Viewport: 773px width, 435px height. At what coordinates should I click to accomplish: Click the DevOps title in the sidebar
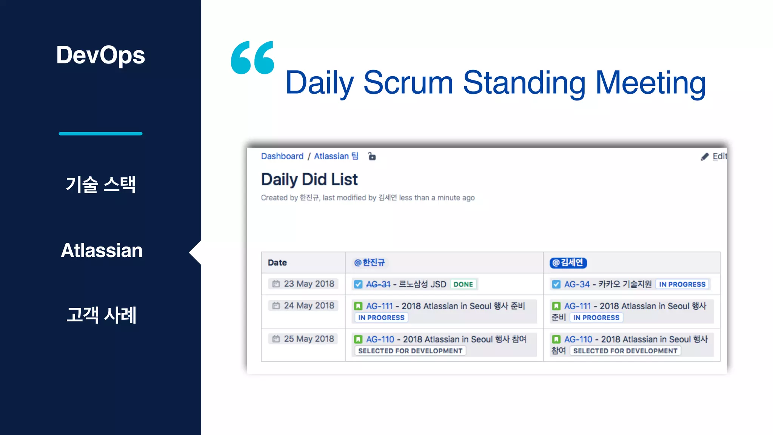[x=100, y=55]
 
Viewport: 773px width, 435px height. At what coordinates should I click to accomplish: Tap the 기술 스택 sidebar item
[x=100, y=185]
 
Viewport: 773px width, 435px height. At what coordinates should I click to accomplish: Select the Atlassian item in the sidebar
[x=102, y=250]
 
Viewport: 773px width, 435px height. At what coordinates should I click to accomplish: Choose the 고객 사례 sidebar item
[x=101, y=315]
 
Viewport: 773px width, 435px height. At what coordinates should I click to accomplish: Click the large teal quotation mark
[x=252, y=57]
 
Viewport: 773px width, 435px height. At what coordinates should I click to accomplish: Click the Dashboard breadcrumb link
[x=282, y=156]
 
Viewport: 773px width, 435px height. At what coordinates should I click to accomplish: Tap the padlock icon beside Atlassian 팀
[x=372, y=156]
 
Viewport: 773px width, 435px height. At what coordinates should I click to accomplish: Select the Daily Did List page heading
[x=309, y=179]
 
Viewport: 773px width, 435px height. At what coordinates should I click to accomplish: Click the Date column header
[x=277, y=263]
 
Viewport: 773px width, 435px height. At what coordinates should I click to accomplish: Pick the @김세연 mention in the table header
[x=568, y=263]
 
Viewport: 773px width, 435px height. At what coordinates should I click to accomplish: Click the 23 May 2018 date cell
[x=304, y=284]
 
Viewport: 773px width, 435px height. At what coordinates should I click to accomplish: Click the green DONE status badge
[x=463, y=284]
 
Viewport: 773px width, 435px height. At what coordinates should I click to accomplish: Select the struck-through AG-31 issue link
[x=378, y=284]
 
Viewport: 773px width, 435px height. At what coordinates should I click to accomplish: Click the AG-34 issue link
[x=576, y=284]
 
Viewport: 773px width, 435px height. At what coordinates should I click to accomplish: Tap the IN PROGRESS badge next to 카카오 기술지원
[x=682, y=284]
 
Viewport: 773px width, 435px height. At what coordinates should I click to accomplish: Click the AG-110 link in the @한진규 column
[x=380, y=339]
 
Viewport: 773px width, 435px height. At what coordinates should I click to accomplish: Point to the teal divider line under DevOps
[x=100, y=134]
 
